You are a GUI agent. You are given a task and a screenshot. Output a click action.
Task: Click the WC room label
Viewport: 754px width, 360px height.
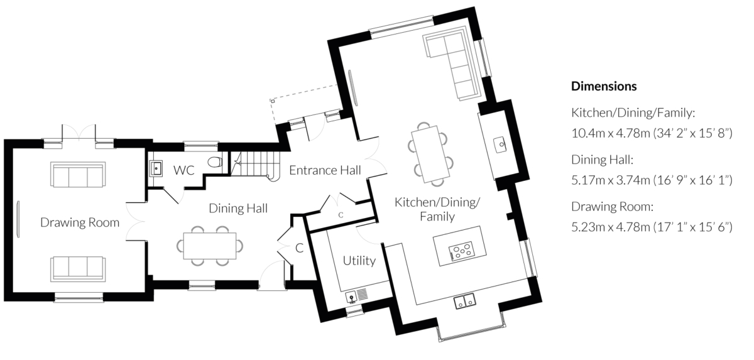pos(183,170)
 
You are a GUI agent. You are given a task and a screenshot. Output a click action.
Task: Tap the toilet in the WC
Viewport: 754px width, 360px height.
pos(215,162)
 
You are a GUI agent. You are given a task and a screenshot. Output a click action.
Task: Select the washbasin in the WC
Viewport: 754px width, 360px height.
pos(156,168)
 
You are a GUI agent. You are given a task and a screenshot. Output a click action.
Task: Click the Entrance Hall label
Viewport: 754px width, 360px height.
pos(325,170)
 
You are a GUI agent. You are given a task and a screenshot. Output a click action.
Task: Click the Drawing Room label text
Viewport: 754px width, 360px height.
pos(80,222)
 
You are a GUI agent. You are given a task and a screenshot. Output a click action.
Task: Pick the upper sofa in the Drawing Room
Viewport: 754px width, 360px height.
pos(78,174)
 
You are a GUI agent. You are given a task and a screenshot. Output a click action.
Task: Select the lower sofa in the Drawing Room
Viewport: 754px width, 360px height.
pos(78,269)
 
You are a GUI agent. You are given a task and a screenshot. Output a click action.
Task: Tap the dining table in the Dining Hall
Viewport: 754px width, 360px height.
pos(210,246)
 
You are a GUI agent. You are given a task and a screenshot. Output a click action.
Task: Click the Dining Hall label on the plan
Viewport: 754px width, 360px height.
pos(238,208)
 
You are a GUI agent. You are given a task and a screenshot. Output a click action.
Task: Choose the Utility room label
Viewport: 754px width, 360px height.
pos(359,261)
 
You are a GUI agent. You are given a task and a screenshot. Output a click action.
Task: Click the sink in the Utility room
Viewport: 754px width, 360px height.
pos(351,297)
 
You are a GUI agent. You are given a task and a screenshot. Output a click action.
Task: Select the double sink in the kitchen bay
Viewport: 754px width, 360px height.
pos(465,301)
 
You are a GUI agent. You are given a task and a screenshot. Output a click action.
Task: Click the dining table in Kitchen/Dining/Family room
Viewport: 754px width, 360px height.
pos(430,155)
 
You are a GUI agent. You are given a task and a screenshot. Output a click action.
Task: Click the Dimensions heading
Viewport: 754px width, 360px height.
pos(604,86)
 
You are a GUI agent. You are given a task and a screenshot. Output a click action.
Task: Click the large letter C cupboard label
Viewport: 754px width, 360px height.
pos(299,248)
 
